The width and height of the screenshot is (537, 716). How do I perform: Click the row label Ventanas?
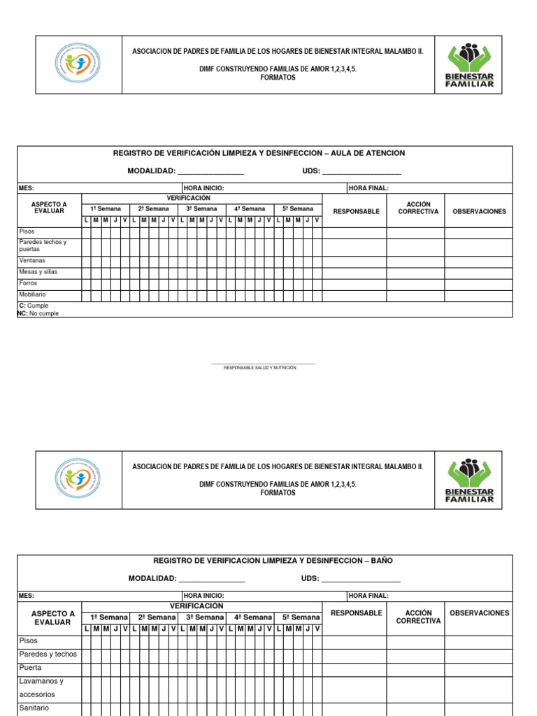coord(32,261)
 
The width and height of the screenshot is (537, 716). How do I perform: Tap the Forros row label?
coord(28,284)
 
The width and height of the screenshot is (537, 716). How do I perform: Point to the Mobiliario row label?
coord(32,295)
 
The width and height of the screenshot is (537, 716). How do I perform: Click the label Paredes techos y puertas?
coord(42,245)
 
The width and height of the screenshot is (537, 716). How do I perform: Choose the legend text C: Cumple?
coord(34,306)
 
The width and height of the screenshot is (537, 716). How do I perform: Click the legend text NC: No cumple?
coord(38,314)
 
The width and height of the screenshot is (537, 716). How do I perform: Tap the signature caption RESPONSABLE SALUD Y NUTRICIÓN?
coord(260,368)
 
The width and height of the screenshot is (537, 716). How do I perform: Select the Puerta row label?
coord(31,668)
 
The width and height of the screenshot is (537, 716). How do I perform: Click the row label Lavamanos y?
coord(41,681)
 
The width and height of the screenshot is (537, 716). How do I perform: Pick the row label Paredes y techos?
coord(48,654)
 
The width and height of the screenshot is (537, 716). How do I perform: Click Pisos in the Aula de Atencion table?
coord(27,231)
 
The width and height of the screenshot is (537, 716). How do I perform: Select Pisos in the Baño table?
coord(29,640)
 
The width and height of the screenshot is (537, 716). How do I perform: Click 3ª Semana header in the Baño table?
coord(205,617)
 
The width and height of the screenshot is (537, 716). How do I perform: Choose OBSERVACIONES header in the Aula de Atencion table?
coord(479,211)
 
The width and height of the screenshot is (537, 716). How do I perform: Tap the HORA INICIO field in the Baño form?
coord(203,596)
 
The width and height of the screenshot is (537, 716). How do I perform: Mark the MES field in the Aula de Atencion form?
coord(27,188)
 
